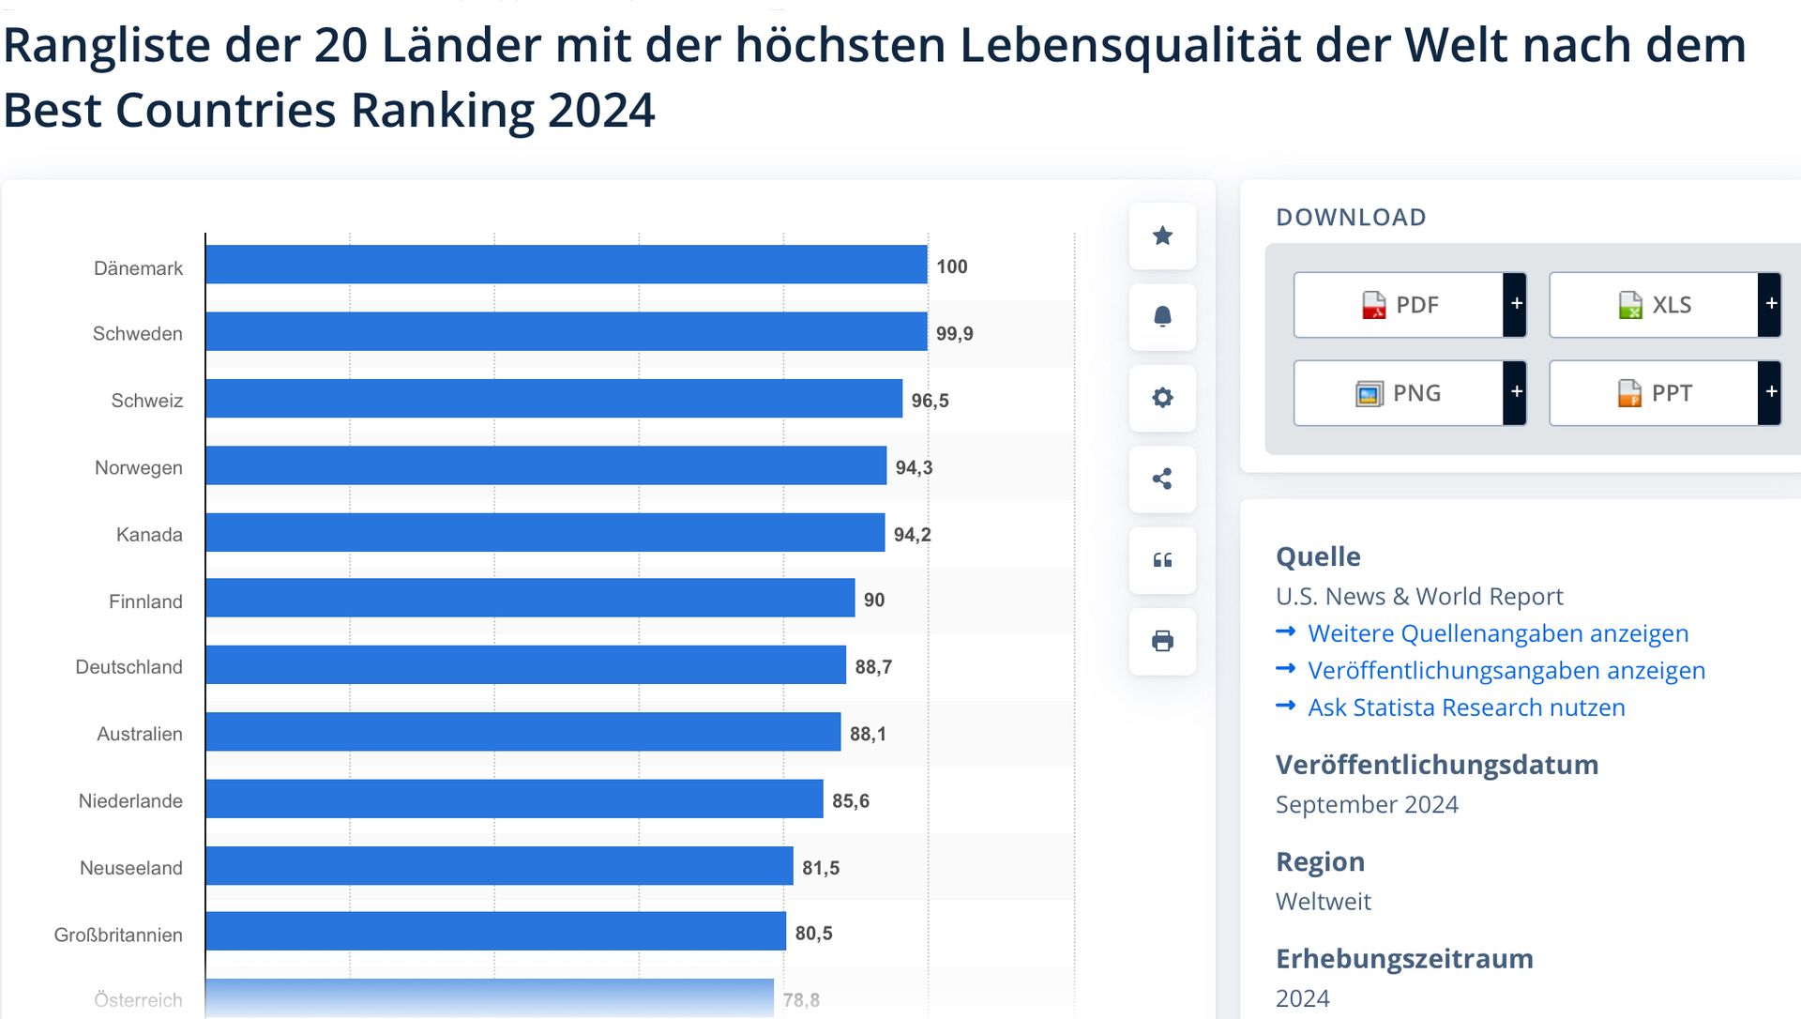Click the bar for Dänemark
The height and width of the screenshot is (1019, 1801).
coord(566,265)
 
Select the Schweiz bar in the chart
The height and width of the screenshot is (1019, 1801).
coord(553,399)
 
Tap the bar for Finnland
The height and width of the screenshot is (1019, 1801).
coord(530,599)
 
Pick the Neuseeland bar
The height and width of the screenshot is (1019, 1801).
coord(499,866)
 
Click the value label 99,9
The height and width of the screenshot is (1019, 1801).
coord(954,334)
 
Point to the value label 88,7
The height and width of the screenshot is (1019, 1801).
coord(872,667)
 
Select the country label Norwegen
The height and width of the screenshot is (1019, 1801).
coord(139,467)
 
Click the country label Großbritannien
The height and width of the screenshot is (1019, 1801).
coord(118,935)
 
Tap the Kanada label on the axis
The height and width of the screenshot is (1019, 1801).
coord(149,535)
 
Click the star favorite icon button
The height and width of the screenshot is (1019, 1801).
coord(1162,236)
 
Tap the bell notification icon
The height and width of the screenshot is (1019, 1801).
coord(1162,316)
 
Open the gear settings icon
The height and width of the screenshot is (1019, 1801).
coord(1162,398)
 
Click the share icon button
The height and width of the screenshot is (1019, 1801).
coord(1162,479)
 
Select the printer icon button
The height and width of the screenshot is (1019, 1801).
coord(1162,641)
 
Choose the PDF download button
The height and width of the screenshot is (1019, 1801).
coord(1399,305)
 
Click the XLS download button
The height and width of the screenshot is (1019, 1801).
coord(1654,305)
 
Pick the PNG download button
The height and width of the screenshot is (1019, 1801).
coord(1399,393)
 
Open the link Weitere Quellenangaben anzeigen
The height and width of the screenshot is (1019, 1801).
coord(1497,633)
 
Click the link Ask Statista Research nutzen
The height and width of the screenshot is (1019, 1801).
coord(1465,707)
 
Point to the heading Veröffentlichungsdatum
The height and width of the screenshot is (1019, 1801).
coord(1436,765)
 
